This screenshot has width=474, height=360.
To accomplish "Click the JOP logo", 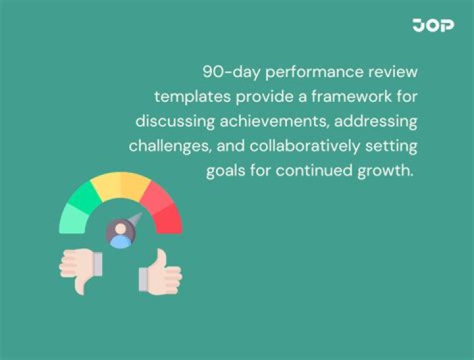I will point(433,25).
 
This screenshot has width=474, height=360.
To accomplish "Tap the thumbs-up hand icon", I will point(160,271).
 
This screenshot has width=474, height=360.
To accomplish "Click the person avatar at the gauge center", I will point(120,233).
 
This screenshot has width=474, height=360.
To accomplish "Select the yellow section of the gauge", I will point(120,186).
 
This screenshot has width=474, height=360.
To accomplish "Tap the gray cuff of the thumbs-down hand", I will point(97,265).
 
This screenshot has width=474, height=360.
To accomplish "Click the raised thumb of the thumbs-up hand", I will point(161,257).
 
